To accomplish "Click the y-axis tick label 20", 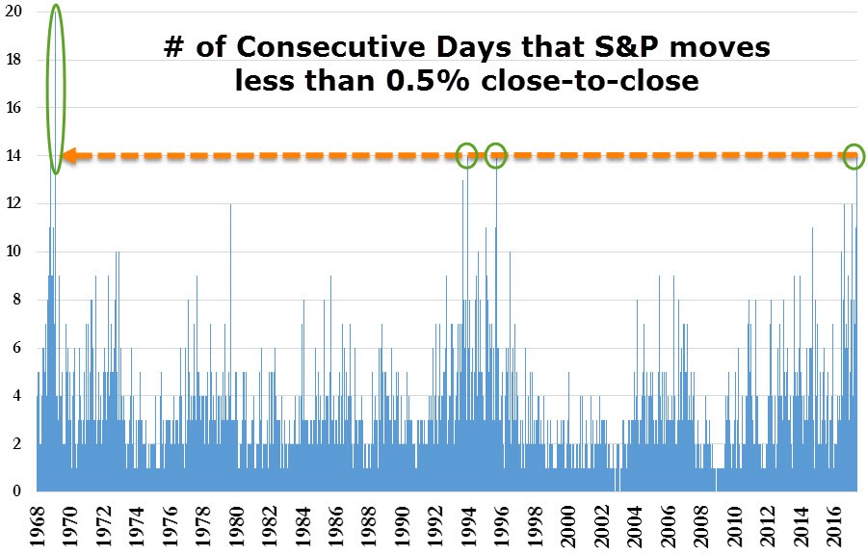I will tap(14, 12).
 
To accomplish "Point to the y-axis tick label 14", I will tap(14, 155).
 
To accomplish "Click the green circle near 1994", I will tap(466, 154).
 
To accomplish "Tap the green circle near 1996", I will tap(496, 154).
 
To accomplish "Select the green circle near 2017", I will tap(854, 155).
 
